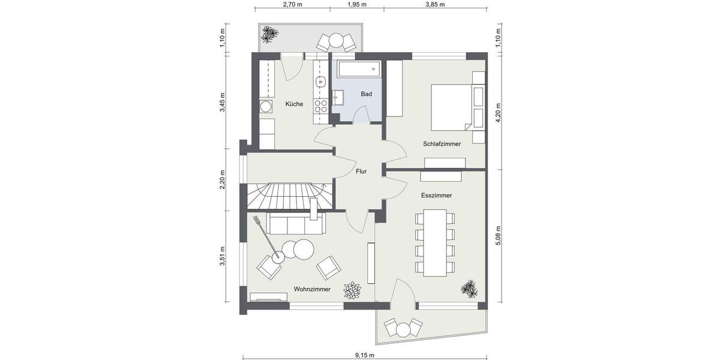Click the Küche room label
click(294, 104)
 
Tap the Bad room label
click(366, 94)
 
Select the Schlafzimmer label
click(442, 144)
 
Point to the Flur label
click(361, 171)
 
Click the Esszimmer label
click(437, 196)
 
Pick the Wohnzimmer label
click(312, 289)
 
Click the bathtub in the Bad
click(358, 70)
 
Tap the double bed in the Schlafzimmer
click(449, 106)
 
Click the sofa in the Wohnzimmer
click(295, 225)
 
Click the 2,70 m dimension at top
click(292, 4)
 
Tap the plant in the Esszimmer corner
click(470, 289)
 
